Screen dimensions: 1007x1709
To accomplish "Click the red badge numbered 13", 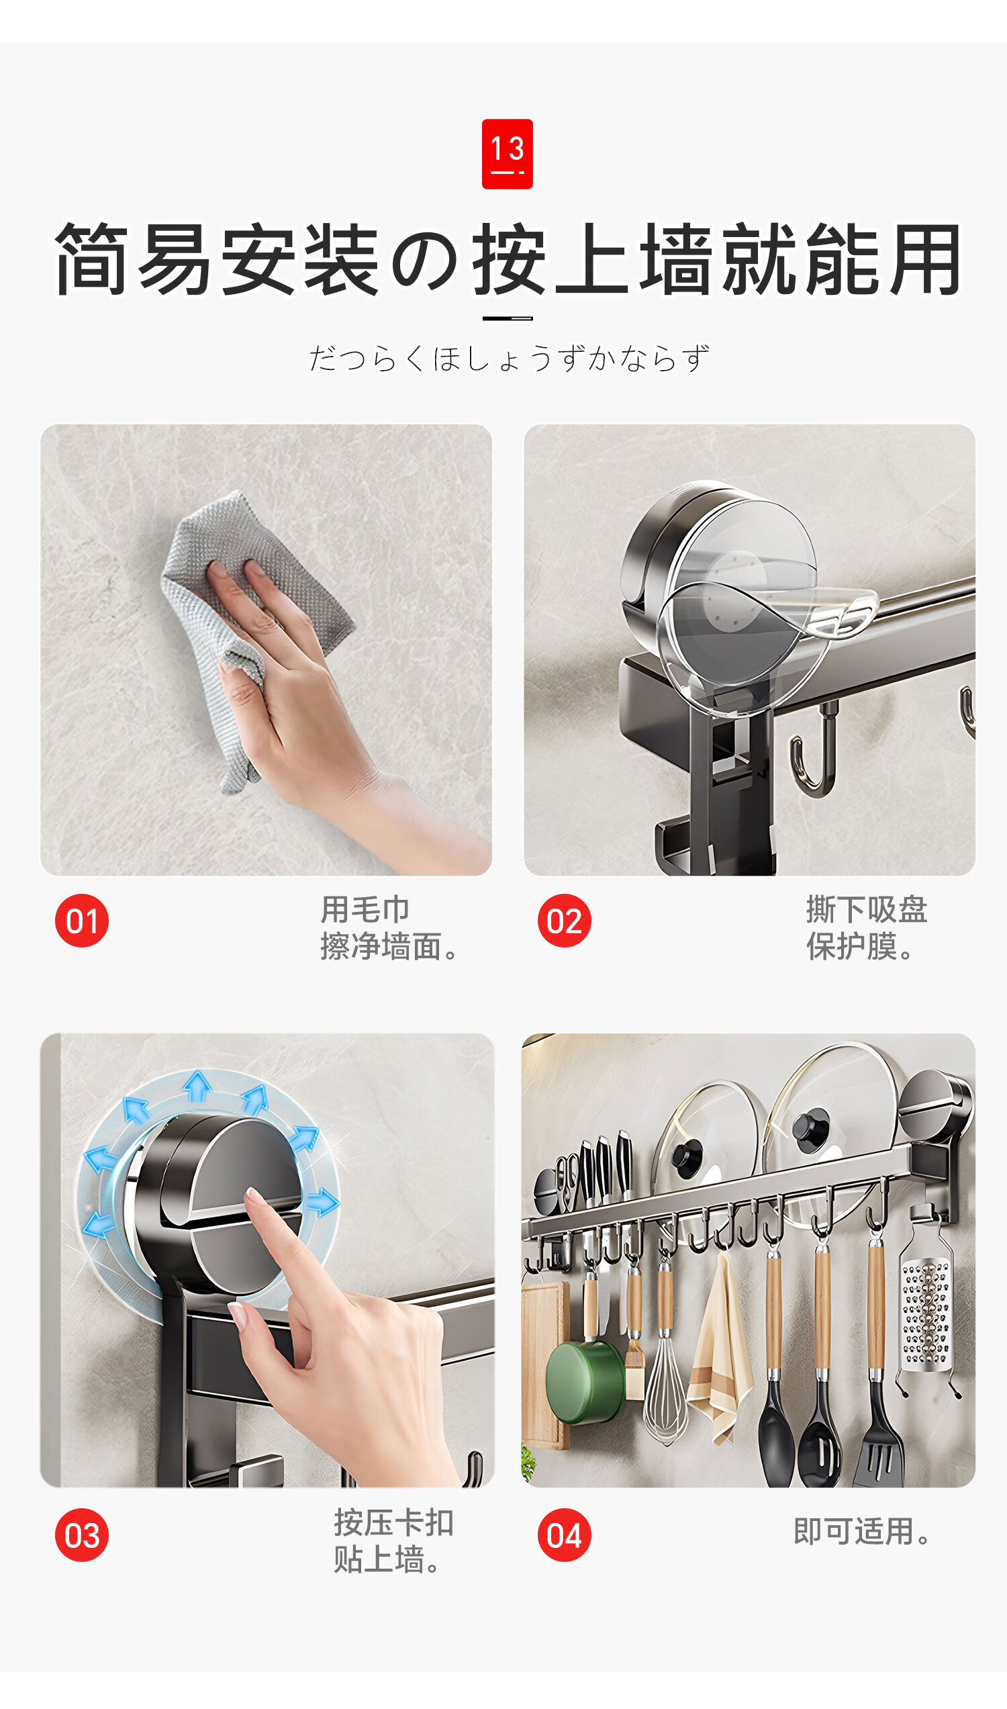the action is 507,154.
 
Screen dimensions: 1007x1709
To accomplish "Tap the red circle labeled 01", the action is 82,921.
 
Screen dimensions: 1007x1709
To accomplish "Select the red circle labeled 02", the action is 564,921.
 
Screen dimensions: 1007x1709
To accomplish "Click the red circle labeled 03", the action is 82,1535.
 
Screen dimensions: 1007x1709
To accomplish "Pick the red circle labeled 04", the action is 564,1535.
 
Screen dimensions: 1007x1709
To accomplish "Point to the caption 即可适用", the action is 862,1531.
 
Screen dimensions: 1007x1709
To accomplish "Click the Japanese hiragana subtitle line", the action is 509,358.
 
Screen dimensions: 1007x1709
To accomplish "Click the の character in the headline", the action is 425,260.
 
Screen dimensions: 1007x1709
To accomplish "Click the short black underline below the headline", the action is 507,318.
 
